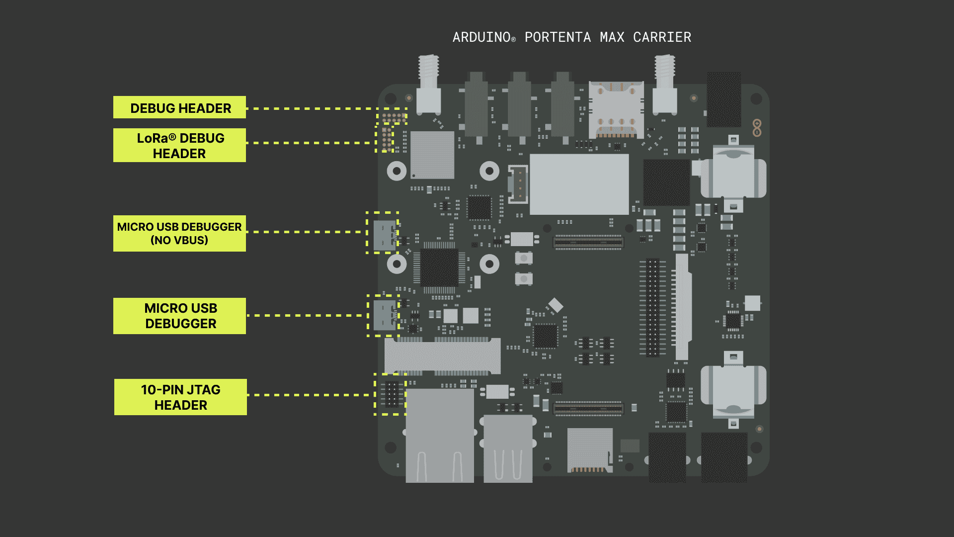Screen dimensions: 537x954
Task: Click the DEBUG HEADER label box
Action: (179, 107)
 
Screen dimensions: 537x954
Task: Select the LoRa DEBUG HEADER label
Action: (179, 145)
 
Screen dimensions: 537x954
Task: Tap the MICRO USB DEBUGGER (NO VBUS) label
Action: (179, 233)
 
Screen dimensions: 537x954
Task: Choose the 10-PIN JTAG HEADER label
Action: (180, 397)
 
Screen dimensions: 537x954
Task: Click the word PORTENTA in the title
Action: (557, 37)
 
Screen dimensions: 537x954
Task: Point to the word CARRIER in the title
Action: (662, 37)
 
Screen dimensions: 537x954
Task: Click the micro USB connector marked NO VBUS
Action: (385, 235)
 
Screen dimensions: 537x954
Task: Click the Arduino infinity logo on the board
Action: (757, 128)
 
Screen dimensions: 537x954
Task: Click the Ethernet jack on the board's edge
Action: (440, 435)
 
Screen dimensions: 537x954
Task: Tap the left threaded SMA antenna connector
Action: (428, 85)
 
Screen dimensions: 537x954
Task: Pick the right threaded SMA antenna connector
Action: (664, 85)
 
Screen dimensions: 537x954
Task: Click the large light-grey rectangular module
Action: (579, 184)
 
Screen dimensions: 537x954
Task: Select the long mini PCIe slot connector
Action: (442, 356)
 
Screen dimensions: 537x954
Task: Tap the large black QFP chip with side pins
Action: (440, 268)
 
